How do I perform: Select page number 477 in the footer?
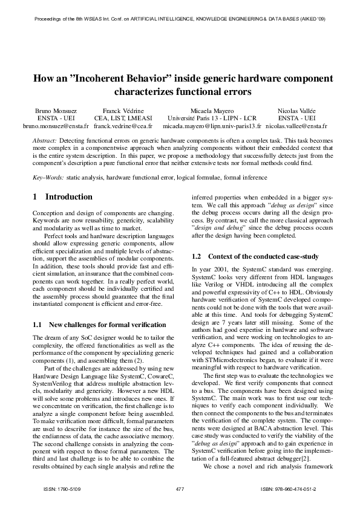point(179,488)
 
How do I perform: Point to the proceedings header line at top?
point(180,19)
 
